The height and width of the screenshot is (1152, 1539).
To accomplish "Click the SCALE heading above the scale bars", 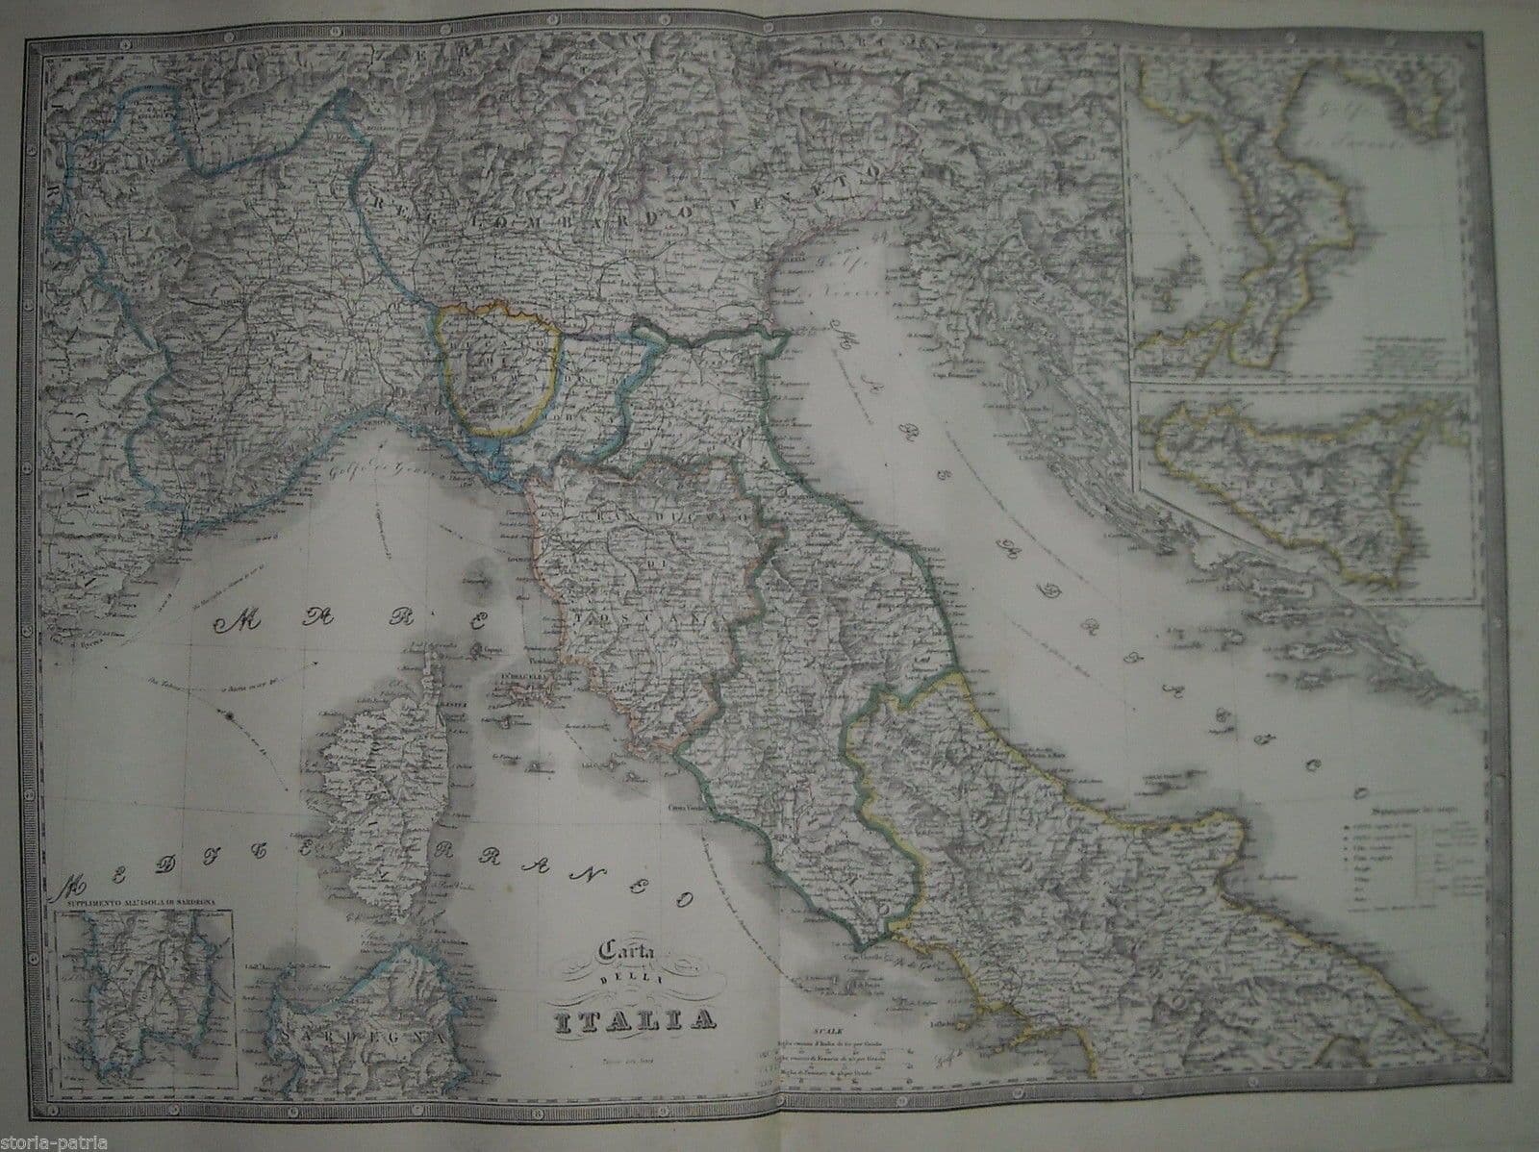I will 825,1000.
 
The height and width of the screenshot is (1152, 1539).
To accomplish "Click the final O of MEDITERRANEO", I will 685,898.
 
